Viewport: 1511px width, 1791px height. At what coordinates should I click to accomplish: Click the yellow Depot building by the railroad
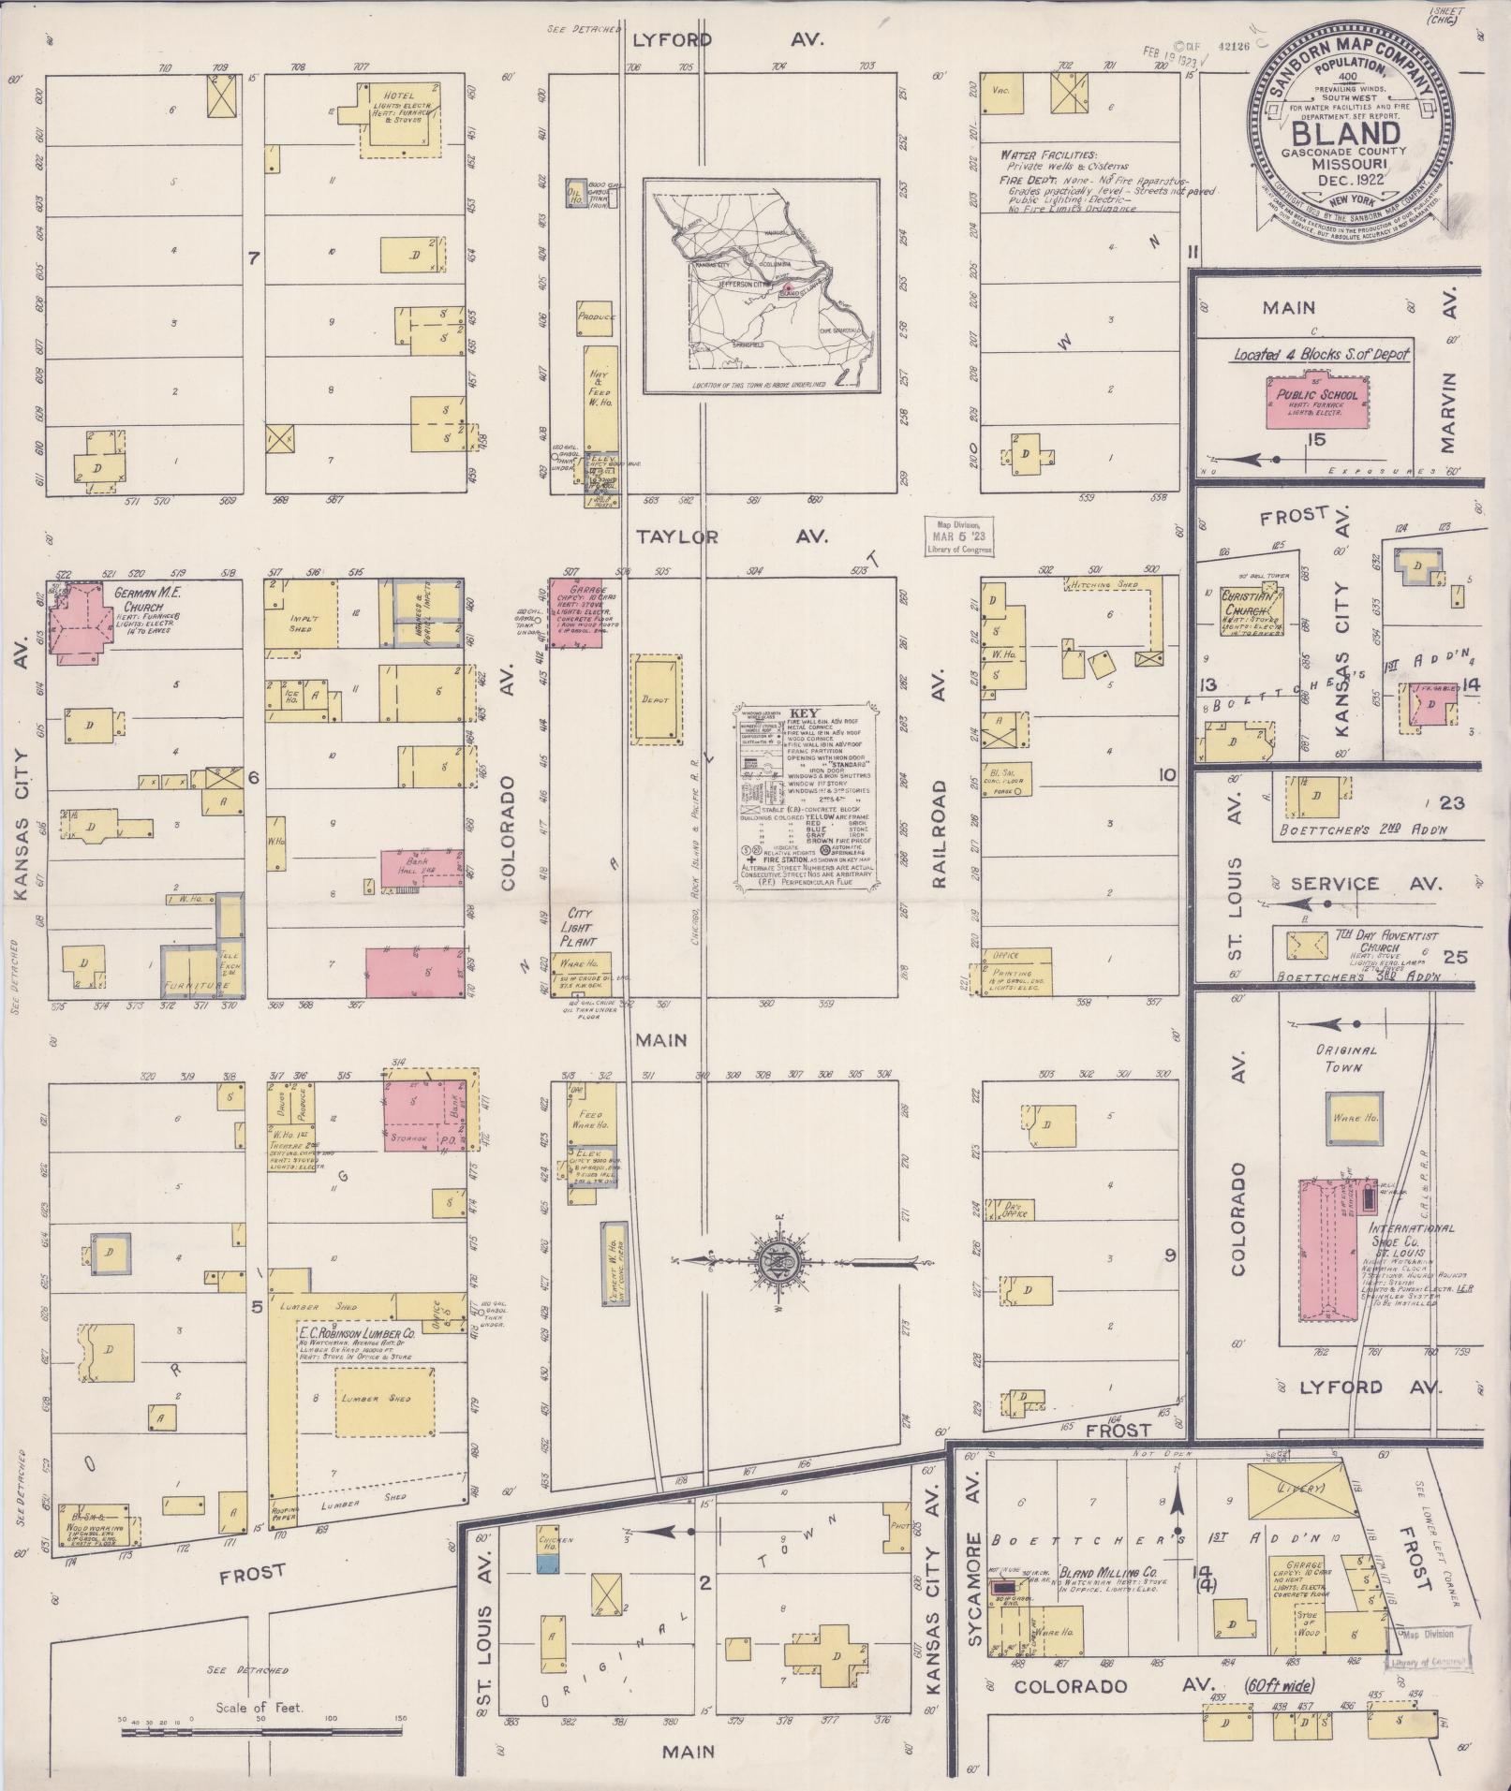tap(657, 698)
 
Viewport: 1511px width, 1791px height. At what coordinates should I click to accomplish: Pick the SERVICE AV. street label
tap(1361, 883)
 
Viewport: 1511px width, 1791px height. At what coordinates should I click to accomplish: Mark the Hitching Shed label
tap(1101, 585)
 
